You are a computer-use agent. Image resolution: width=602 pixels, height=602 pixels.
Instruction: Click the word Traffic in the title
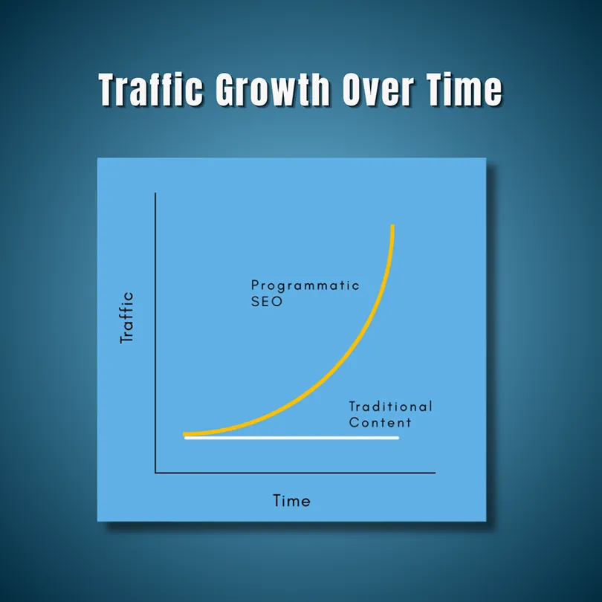(x=150, y=89)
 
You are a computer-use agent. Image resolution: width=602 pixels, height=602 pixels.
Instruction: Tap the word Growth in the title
(x=272, y=89)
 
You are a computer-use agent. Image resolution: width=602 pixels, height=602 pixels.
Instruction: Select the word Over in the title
(x=378, y=89)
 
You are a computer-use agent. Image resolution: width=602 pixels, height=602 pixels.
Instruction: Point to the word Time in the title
(x=464, y=89)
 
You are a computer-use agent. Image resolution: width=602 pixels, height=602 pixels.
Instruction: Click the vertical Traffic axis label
(x=126, y=317)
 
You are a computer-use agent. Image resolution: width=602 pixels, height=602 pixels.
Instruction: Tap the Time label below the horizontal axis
(x=291, y=501)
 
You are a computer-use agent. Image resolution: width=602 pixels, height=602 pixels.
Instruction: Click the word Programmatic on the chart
(x=305, y=286)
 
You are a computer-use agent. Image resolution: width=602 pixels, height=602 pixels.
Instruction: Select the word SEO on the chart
(x=267, y=302)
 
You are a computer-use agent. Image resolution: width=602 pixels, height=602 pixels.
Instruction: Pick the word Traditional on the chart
(x=390, y=407)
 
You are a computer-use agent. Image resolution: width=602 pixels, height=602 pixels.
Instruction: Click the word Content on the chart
(x=380, y=422)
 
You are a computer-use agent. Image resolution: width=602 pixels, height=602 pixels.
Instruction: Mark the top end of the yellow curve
(x=392, y=225)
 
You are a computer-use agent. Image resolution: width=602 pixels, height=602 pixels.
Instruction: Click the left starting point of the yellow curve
(x=184, y=434)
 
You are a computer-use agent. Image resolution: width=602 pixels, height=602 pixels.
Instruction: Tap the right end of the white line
(x=398, y=438)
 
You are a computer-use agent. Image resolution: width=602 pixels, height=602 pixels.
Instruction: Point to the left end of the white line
(x=186, y=438)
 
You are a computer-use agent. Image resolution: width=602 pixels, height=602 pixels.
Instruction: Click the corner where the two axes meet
(x=155, y=473)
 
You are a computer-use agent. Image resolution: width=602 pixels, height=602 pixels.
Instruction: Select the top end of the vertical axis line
(x=155, y=193)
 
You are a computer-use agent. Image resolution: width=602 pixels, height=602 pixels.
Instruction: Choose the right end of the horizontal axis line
(x=435, y=473)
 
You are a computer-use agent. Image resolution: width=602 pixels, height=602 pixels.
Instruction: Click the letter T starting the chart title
(x=111, y=89)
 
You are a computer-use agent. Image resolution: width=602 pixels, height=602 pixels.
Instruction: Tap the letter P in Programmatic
(x=255, y=285)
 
